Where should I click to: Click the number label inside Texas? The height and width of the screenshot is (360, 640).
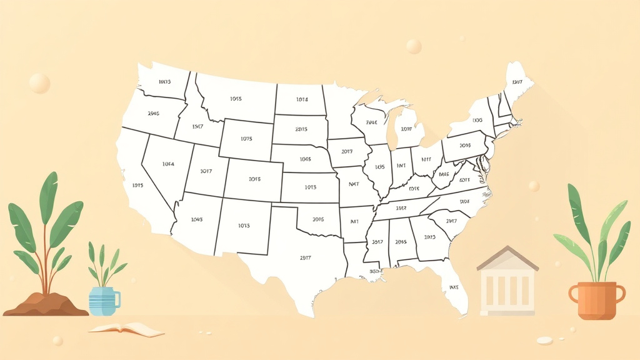(x=306, y=257)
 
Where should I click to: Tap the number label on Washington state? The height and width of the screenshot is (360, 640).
(x=164, y=82)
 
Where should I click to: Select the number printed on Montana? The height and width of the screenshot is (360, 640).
(x=236, y=99)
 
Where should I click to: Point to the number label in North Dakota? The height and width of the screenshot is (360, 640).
(x=302, y=99)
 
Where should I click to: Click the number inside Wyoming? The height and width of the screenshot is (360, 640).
(x=246, y=139)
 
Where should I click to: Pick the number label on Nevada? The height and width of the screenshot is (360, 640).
(x=168, y=164)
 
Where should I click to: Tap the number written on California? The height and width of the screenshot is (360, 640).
(x=138, y=185)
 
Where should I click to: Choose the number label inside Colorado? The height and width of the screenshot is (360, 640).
(x=254, y=179)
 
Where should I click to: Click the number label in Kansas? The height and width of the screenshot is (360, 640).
(x=311, y=187)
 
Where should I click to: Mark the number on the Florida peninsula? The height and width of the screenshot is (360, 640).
(x=454, y=287)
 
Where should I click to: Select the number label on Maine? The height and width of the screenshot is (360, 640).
(x=517, y=82)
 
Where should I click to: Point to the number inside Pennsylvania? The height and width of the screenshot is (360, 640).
(x=464, y=145)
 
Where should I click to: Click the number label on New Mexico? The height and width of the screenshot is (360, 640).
(x=244, y=225)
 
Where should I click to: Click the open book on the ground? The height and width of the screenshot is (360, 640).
(x=126, y=329)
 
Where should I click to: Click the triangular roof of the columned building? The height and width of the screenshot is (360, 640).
(x=507, y=257)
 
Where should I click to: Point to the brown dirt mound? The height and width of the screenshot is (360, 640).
(x=46, y=304)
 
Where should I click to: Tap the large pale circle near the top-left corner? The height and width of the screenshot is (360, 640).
(x=39, y=83)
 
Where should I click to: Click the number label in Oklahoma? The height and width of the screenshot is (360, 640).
(x=317, y=219)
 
